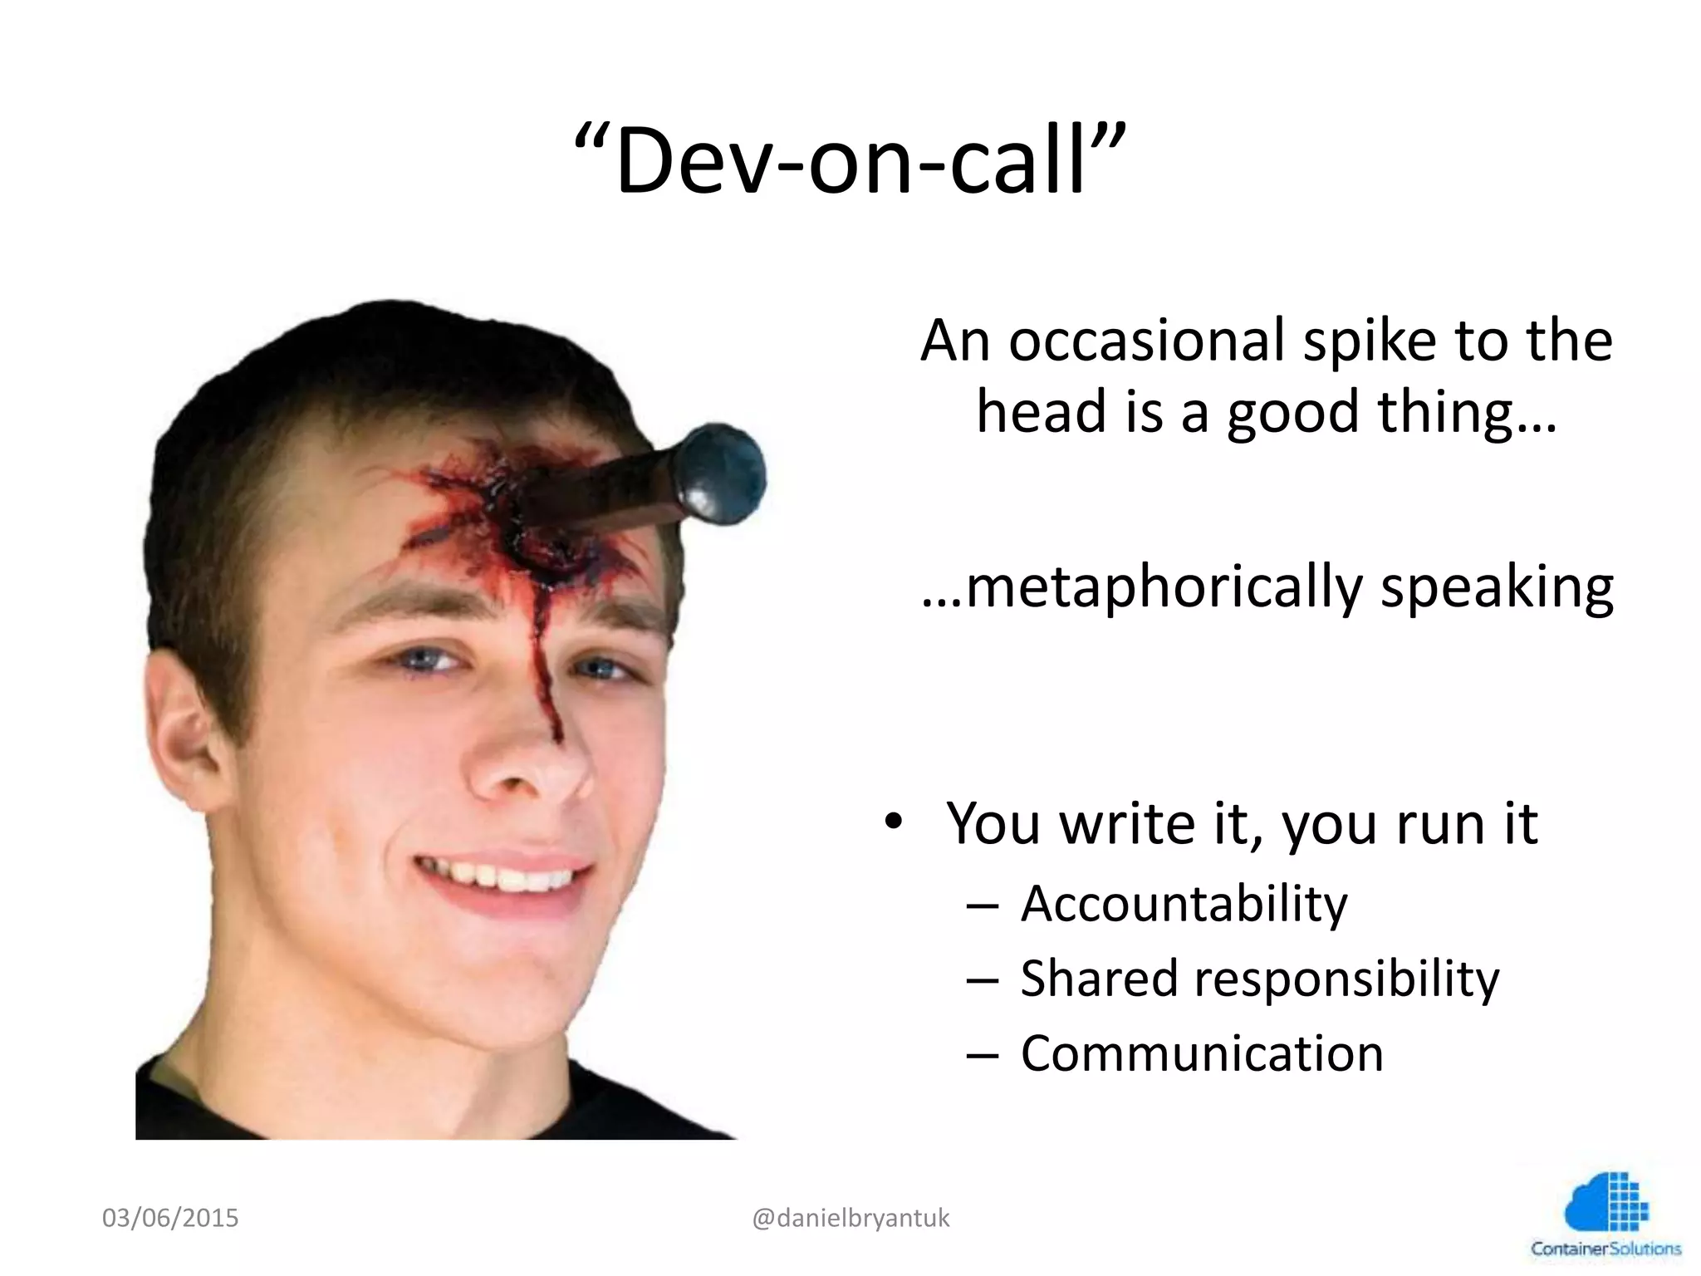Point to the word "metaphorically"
[x=1142, y=587]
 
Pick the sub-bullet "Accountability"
[x=1184, y=904]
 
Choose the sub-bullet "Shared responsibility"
[x=1259, y=979]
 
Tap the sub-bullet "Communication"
[x=1201, y=1053]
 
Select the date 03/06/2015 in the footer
[x=170, y=1218]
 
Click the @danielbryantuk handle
[x=850, y=1218]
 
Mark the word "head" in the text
[x=1039, y=413]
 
